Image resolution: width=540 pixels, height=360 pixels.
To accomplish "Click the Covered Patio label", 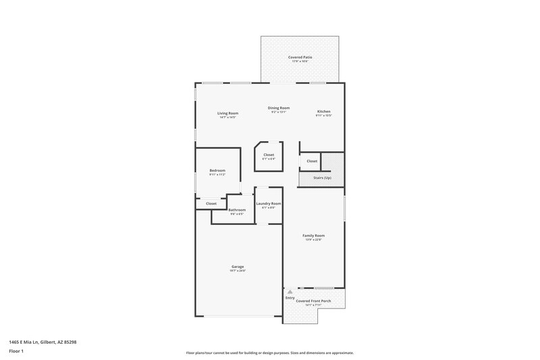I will coord(300,57).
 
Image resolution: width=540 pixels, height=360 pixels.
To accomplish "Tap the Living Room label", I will coord(227,113).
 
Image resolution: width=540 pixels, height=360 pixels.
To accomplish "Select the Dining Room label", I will coord(279,108).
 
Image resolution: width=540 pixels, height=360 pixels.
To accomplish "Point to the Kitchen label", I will coord(324,111).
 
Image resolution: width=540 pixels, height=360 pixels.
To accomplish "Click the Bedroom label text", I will coord(217,170).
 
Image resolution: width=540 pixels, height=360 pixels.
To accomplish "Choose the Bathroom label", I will coord(237,210).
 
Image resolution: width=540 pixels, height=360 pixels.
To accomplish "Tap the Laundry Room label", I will coord(268,203).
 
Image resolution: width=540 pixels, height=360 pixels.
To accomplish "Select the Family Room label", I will coord(314,236).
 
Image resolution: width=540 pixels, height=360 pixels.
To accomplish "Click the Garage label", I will coord(237,267).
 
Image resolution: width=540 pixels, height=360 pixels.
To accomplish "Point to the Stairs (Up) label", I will coord(323,178).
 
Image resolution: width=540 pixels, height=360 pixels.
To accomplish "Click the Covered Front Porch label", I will coord(313,301).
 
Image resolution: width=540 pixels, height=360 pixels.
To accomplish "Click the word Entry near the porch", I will coord(290,298).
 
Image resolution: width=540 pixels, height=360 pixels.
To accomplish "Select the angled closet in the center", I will coord(269,157).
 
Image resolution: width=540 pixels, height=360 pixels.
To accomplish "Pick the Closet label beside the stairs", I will coord(312,161).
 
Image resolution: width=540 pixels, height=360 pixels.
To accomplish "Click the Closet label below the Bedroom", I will coord(211,203).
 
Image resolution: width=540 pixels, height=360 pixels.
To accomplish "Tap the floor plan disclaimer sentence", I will coord(269,353).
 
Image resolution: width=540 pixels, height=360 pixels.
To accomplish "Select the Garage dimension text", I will coord(237,271).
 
